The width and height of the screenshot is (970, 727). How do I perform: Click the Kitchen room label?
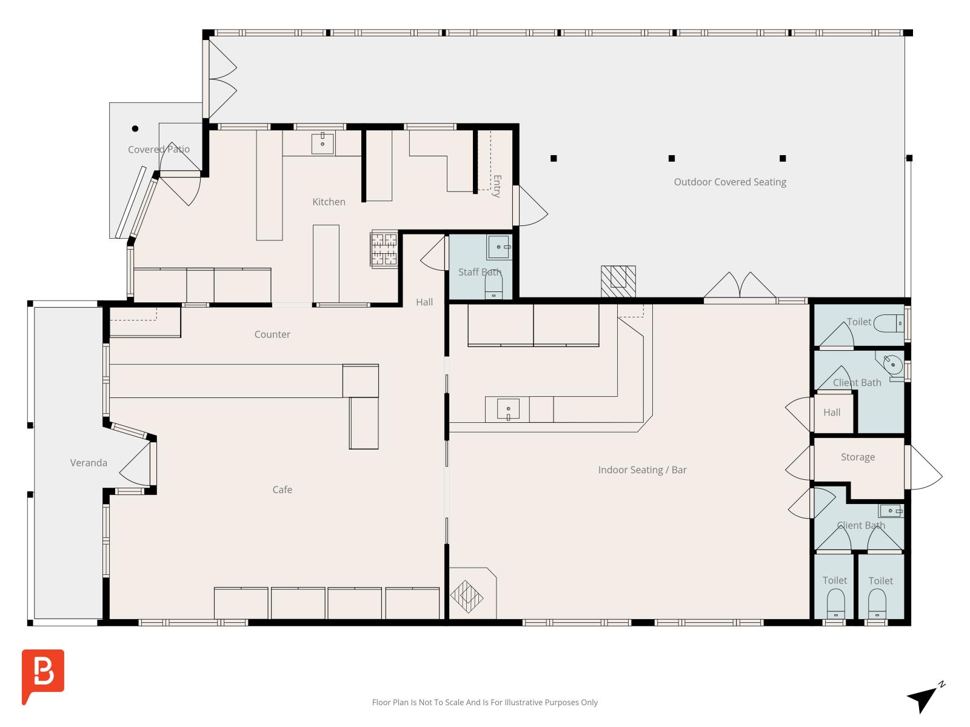coord(329,202)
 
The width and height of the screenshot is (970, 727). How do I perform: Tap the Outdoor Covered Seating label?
coord(729,182)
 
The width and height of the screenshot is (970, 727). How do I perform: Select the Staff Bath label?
coord(480,272)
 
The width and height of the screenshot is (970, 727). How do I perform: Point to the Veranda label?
coord(89,463)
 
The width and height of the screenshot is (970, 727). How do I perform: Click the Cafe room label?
coord(282,490)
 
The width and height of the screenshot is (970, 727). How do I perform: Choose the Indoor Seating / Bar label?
coord(642,470)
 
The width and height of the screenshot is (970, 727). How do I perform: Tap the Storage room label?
coord(858,457)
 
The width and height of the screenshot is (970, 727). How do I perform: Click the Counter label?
coord(272,334)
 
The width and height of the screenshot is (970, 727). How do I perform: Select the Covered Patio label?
coord(159,149)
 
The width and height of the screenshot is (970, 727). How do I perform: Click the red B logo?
coord(43,675)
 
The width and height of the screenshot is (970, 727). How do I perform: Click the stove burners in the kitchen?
coord(384,249)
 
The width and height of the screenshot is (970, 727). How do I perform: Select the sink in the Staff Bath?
coord(499,247)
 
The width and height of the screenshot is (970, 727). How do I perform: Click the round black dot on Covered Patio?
coord(135,128)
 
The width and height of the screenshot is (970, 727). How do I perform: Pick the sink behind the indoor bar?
coord(508,409)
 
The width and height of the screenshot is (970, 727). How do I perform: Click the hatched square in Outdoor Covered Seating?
coord(618,281)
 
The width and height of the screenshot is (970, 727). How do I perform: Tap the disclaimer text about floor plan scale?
coord(485,702)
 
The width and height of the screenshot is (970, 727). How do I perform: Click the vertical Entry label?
coord(497,186)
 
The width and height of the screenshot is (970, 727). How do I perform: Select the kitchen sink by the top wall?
coord(323,143)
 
